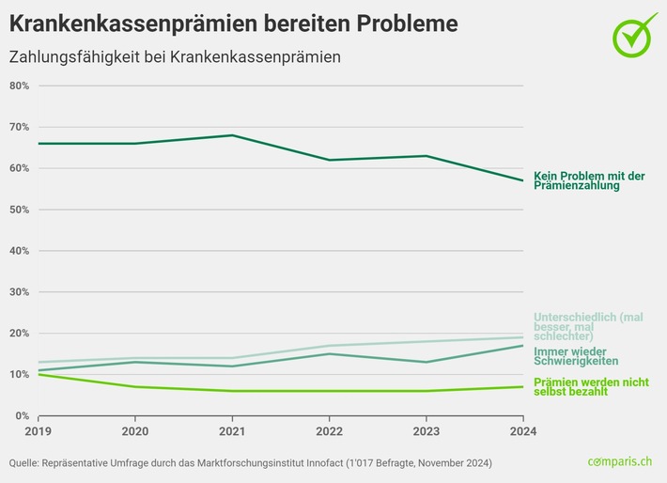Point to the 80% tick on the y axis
click(20, 86)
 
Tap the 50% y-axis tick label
click(20, 210)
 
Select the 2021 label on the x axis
click(232, 432)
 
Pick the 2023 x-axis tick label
click(426, 432)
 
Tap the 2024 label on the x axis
click(522, 432)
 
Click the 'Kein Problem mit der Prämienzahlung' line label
click(589, 180)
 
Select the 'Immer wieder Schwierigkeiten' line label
click(576, 355)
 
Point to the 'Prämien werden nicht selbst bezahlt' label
click(589, 386)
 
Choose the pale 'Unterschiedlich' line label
click(589, 326)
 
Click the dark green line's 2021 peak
click(232, 135)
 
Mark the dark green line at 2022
click(329, 160)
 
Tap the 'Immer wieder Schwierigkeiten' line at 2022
click(329, 353)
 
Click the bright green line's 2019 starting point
click(39, 374)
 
